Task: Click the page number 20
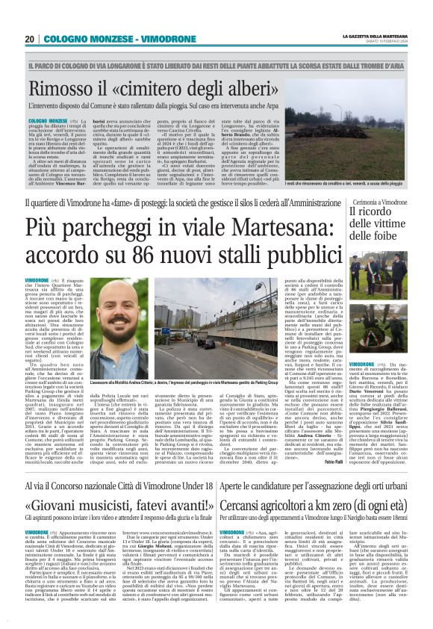click(x=31, y=39)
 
